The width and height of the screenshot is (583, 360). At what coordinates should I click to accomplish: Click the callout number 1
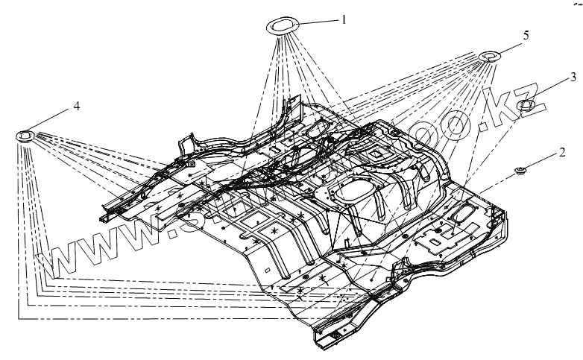344,19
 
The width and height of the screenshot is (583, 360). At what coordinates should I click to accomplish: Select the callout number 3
572,76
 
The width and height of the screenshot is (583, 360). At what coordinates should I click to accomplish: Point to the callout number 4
76,107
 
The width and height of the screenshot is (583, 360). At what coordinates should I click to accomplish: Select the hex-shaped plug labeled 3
526,106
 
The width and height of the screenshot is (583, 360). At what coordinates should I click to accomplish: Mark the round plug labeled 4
25,136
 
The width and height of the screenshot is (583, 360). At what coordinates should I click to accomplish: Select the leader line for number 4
53,120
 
